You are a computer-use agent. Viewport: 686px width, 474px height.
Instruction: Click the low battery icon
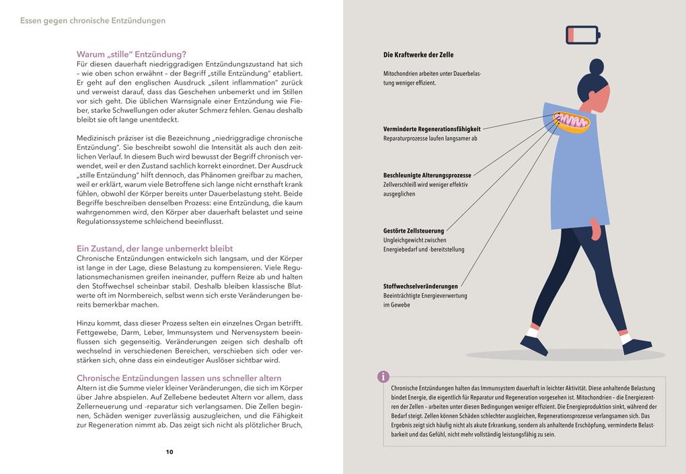(582, 34)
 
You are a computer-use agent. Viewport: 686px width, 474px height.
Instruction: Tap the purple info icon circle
(383, 377)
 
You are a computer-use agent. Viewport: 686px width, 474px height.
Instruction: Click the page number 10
(169, 452)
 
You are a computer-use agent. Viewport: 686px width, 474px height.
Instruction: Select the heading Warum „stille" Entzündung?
(132, 54)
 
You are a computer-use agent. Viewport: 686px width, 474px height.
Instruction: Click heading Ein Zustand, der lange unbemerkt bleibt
(155, 249)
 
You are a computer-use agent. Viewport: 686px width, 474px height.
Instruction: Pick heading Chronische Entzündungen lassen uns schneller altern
(179, 378)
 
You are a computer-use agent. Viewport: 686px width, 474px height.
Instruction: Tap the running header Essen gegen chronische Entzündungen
(93, 21)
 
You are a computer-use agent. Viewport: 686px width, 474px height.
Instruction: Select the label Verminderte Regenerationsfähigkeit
(432, 128)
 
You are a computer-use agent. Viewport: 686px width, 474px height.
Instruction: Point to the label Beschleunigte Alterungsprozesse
(427, 175)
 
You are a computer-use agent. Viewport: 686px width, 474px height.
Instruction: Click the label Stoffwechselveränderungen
(420, 286)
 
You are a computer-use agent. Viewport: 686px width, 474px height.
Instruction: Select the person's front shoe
(636, 346)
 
